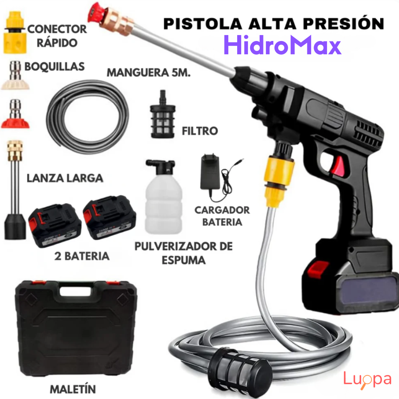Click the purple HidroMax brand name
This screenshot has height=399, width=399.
pos(282,45)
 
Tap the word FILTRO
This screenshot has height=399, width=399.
pos(200,131)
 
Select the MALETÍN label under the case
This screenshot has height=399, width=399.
pos(73,389)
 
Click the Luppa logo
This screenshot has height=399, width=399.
pos(367,380)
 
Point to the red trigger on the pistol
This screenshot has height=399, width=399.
pos(338,166)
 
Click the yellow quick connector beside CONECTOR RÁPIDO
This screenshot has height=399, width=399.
pos(15,33)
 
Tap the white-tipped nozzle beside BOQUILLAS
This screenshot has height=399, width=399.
pos(15,76)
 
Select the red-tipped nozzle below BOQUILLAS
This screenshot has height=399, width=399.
pos(15,114)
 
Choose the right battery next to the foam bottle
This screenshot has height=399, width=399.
pos(110,218)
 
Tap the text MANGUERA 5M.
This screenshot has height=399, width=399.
pos(149,72)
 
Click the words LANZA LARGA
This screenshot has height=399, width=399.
pos(65,178)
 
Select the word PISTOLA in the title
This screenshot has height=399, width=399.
pos(203,24)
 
